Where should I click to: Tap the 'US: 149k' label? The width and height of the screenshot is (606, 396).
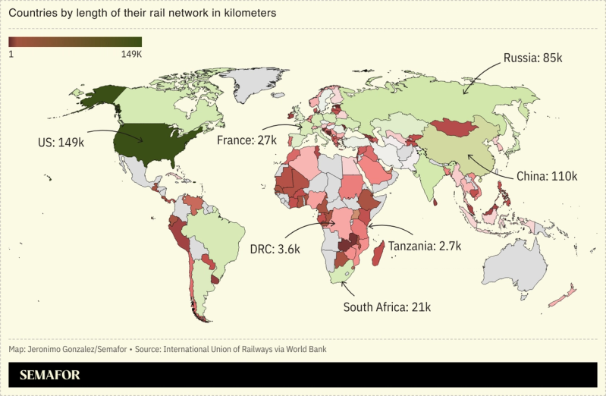[x=61, y=141]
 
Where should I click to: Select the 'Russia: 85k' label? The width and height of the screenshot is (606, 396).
[x=532, y=58]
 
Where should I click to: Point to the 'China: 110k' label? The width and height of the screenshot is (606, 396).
[x=547, y=176]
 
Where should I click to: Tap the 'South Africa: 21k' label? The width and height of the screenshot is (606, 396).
[x=387, y=307]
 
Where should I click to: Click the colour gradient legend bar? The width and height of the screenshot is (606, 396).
[x=75, y=42]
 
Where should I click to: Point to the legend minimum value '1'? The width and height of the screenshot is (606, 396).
[x=11, y=54]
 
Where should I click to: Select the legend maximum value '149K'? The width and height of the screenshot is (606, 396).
[x=132, y=54]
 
